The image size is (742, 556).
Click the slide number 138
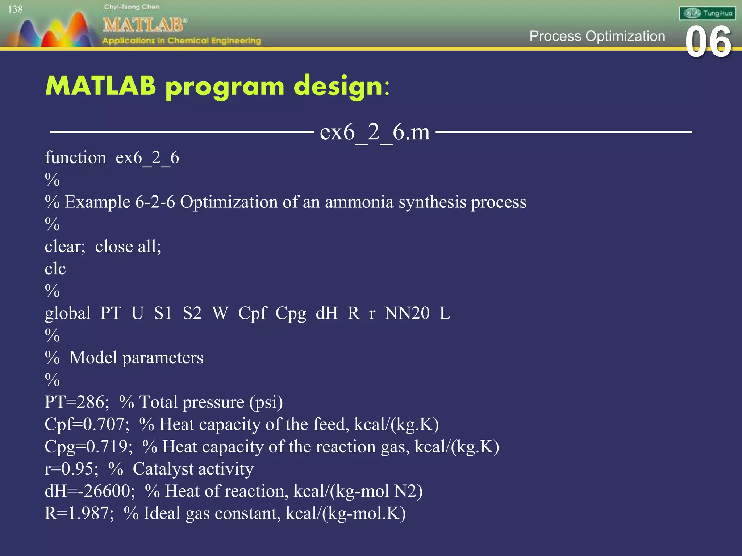15,9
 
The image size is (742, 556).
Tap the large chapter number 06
708,43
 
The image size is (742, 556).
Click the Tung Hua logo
707,13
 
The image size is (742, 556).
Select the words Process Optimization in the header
597,36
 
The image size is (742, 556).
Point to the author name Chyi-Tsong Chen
132,7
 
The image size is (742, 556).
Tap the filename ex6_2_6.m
375,132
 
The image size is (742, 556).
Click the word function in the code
75,158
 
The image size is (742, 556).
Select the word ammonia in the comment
359,202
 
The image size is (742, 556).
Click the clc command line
55,269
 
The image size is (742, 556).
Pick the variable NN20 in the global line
407,313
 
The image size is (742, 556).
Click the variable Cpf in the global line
252,313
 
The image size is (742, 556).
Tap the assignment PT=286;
77,402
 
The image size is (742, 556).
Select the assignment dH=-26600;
89,491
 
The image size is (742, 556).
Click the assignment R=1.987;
79,513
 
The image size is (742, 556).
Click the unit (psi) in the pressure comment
266,402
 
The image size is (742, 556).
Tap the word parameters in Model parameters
163,358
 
